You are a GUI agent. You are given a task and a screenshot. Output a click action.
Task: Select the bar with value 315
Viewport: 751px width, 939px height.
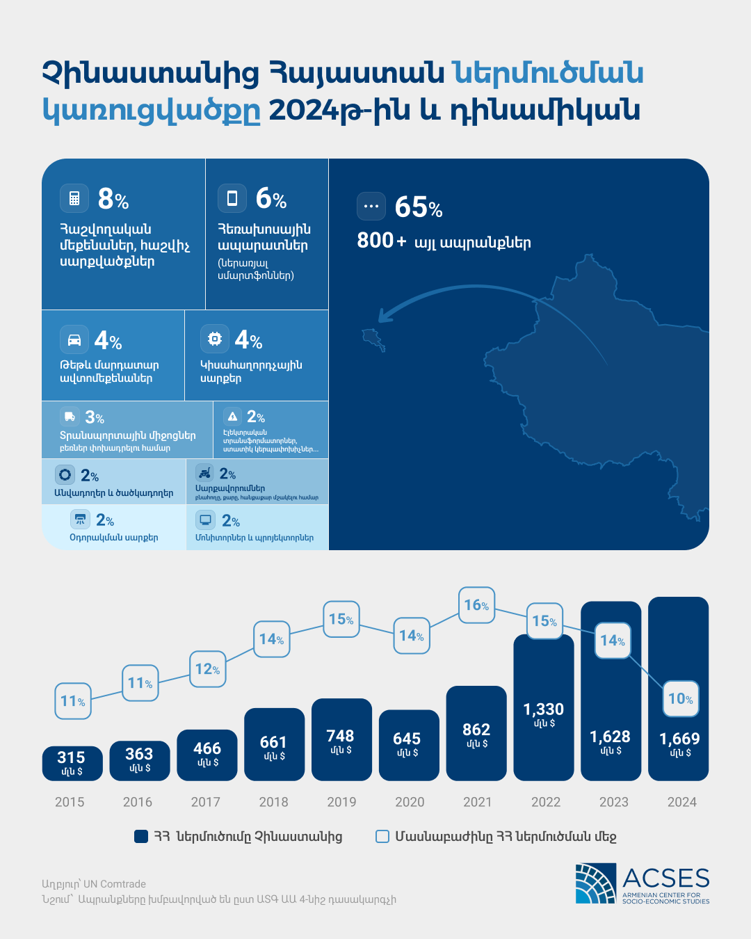point(72,763)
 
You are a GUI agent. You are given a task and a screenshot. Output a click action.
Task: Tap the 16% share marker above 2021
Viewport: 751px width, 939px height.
point(476,605)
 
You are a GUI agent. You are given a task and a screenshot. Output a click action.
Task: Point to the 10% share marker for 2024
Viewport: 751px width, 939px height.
point(680,699)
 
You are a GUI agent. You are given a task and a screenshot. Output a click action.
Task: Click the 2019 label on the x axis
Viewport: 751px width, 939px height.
point(341,802)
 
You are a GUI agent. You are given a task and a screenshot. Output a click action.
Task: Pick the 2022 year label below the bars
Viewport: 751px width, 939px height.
point(546,802)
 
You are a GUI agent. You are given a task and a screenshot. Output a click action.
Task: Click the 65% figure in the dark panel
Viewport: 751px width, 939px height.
point(418,207)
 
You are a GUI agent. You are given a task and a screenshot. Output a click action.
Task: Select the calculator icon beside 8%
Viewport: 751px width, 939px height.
point(74,198)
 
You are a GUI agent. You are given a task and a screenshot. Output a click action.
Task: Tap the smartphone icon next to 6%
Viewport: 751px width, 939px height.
point(232,198)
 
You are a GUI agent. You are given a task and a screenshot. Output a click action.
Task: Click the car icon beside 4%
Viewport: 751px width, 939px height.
point(74,339)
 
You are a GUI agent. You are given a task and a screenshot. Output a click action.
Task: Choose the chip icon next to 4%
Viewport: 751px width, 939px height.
point(215,339)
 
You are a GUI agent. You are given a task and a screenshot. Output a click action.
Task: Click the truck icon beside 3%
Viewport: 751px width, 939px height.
point(70,417)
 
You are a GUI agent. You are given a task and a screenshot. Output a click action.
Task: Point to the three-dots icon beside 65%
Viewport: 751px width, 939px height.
point(371,206)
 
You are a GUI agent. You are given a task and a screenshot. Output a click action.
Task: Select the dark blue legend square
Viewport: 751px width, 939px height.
point(141,836)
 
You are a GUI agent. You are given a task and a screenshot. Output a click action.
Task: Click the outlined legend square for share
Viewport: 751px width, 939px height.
point(382,836)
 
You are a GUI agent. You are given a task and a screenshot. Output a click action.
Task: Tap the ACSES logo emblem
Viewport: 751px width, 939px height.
point(596,883)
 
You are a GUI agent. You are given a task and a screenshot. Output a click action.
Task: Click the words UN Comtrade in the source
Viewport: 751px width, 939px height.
point(115,884)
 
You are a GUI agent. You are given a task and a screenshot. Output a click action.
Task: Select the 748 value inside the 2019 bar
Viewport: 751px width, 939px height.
point(340,736)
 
